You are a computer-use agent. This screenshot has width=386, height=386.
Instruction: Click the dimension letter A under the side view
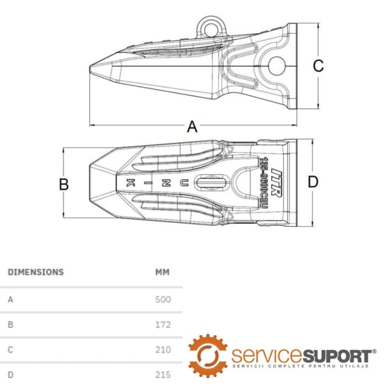click(192, 127)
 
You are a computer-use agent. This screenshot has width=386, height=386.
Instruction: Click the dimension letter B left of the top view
click(64, 184)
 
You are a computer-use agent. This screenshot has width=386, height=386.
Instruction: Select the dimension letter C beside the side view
click(318, 66)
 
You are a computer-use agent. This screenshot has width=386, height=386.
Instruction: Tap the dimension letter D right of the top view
click(313, 181)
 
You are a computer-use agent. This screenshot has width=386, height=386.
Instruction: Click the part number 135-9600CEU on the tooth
click(265, 183)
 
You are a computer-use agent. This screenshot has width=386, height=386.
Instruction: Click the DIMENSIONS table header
click(36, 272)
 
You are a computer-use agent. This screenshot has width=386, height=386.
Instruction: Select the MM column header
click(163, 272)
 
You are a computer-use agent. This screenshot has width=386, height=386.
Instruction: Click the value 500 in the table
click(163, 299)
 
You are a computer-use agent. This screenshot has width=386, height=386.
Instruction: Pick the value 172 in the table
click(163, 325)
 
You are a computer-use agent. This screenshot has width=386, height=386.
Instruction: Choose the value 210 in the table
click(163, 350)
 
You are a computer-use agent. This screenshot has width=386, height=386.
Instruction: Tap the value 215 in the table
click(163, 374)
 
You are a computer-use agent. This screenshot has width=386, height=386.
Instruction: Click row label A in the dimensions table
click(10, 299)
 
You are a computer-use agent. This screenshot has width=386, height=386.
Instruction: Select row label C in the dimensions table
click(10, 350)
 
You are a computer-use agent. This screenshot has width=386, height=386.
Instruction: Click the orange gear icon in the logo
click(207, 355)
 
